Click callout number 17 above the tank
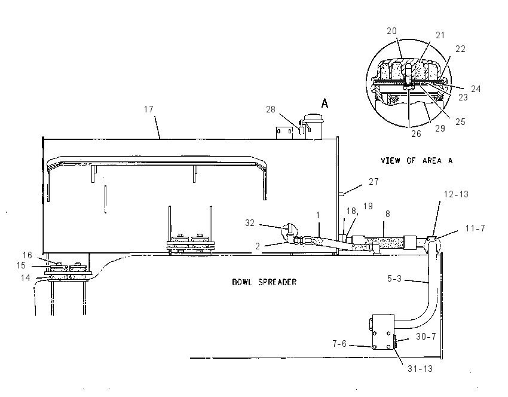[x=149, y=109]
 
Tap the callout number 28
[x=271, y=109]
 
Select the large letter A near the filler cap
[x=325, y=103]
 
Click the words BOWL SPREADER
[x=264, y=282]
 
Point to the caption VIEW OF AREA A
[x=417, y=160]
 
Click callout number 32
[x=250, y=223]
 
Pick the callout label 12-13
[x=456, y=194]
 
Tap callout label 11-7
[x=475, y=228]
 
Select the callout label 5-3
[x=394, y=279]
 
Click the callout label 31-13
[x=420, y=369]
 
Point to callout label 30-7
[x=426, y=337]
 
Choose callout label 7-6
[x=339, y=344]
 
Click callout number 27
[x=374, y=182]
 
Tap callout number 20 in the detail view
[x=391, y=30]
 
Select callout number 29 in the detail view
[x=440, y=129]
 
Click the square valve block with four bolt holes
[x=383, y=332]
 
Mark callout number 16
[x=27, y=255]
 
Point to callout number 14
[x=25, y=278]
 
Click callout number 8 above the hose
[x=387, y=214]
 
